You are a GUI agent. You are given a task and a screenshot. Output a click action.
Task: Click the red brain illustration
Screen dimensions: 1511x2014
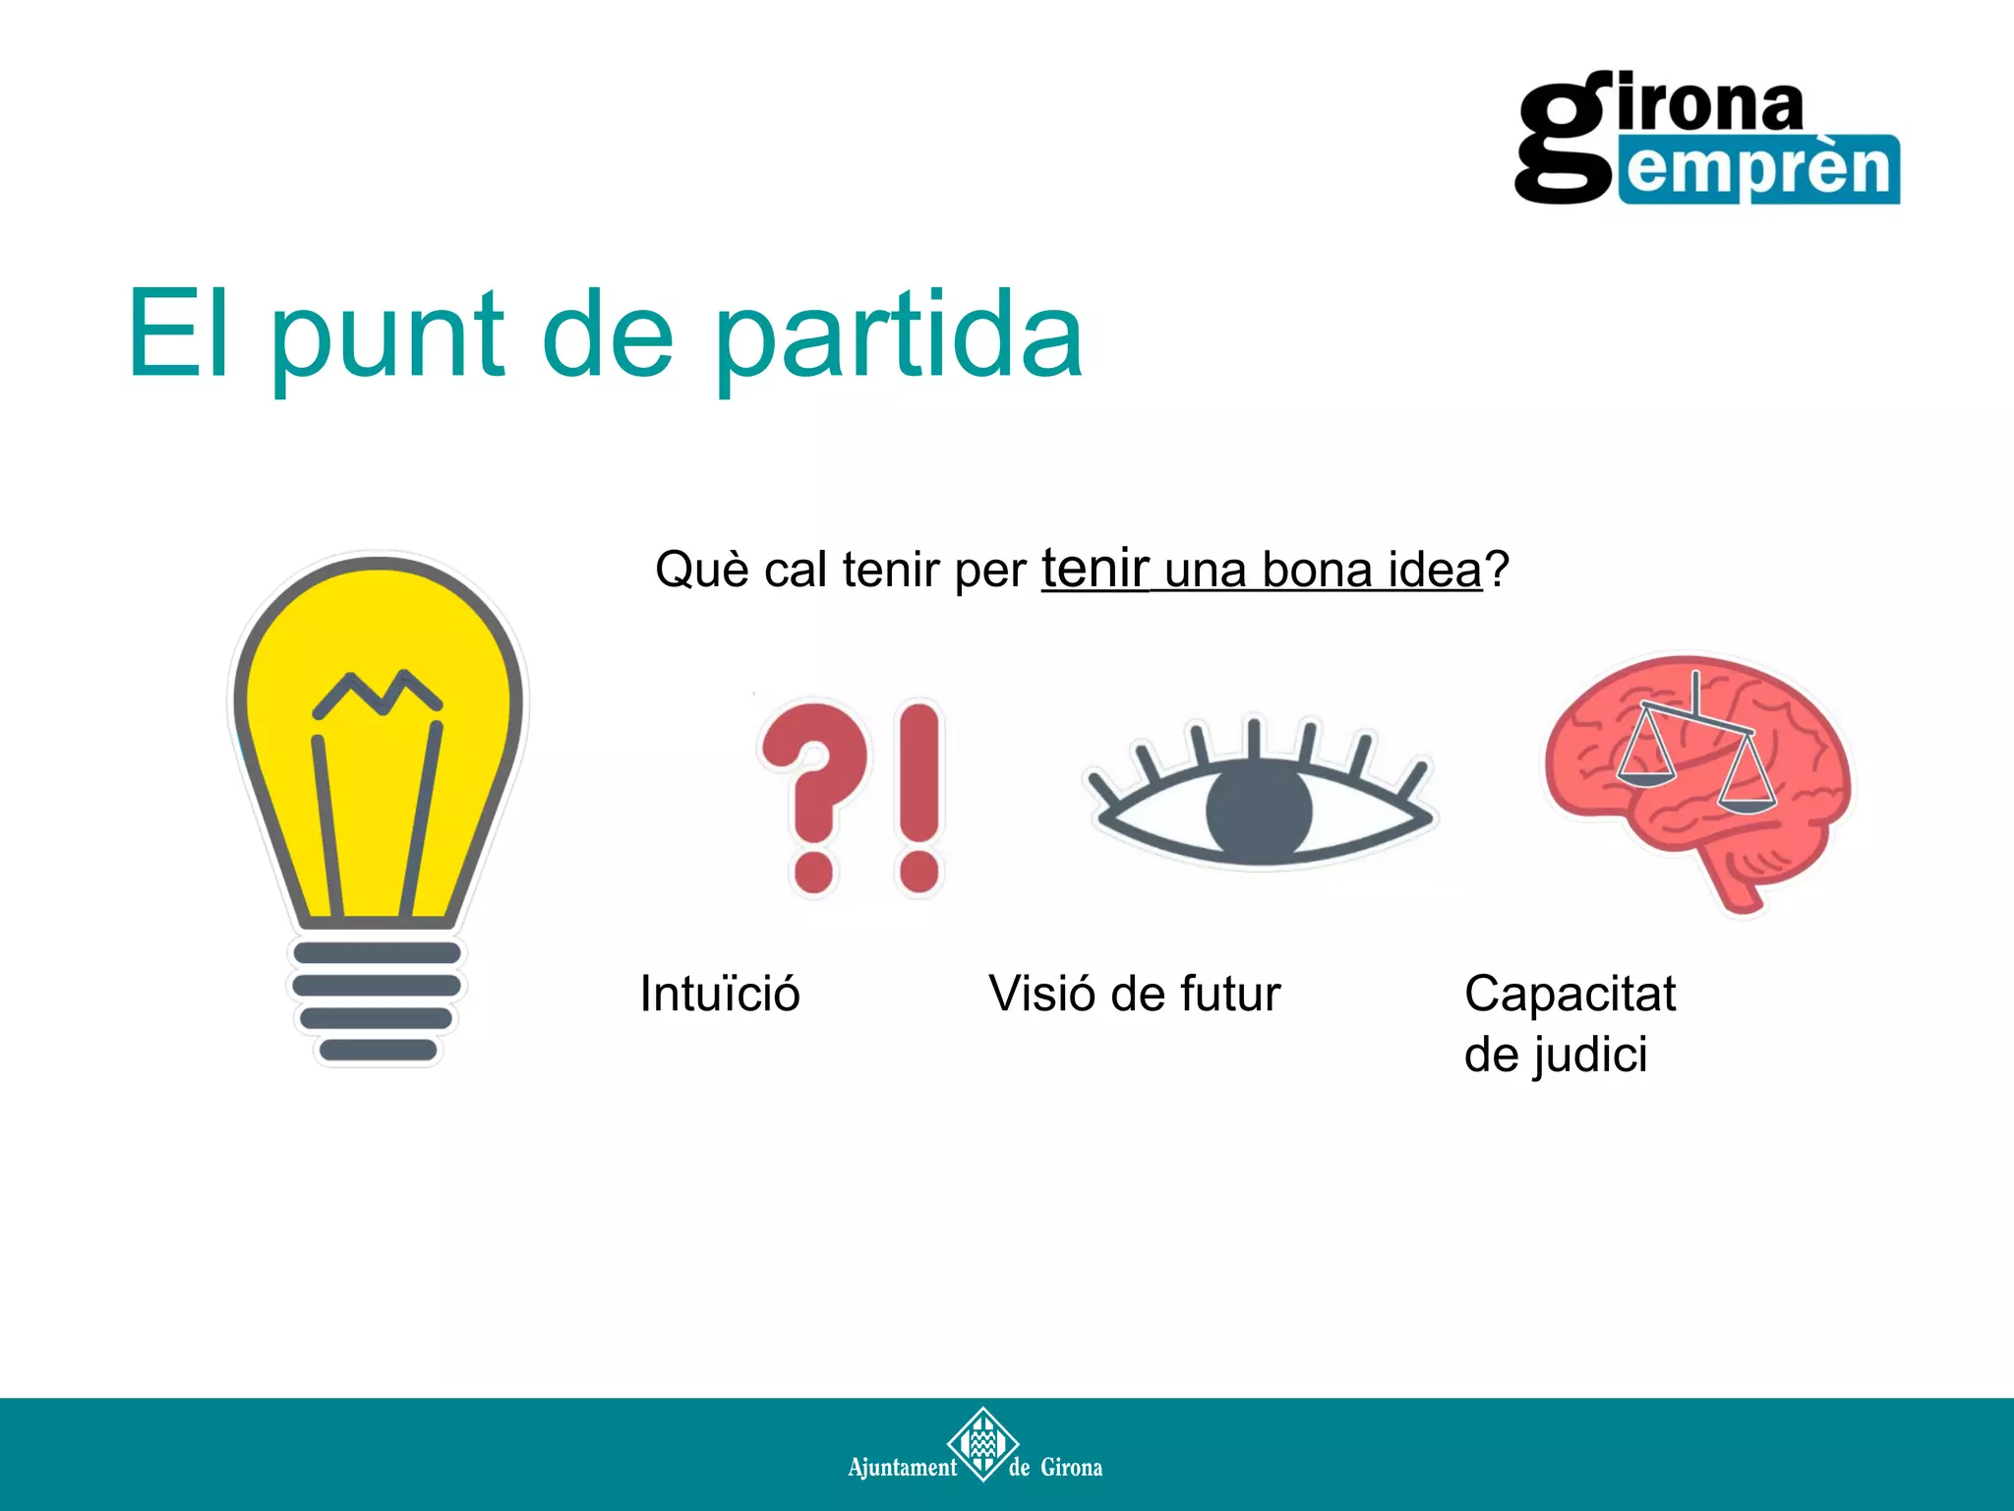coord(1696,777)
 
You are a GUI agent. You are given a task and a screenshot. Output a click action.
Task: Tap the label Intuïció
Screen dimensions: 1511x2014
coord(720,994)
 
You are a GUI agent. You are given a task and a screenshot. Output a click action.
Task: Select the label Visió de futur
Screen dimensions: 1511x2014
coord(1135,994)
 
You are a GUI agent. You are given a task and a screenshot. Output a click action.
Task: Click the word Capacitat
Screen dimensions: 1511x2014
coord(1570,994)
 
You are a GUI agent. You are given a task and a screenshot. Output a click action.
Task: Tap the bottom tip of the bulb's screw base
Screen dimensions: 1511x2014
coord(378,1051)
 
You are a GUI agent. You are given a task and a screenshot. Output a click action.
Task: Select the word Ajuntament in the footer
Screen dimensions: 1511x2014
coord(902,1468)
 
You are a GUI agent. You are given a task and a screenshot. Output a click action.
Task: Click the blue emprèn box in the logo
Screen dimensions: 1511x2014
coord(1760,169)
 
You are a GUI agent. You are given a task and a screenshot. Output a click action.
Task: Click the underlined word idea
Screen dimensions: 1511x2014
coord(1435,570)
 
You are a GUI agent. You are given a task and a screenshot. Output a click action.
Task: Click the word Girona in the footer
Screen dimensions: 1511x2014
coord(1071,1468)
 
